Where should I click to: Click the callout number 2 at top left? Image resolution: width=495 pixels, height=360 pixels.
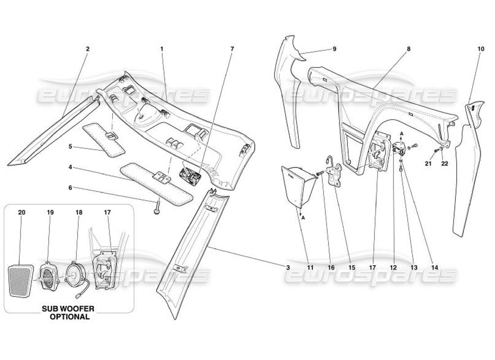pyautogui.click(x=88, y=49)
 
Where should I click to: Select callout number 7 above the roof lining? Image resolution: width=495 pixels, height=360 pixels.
pyautogui.click(x=232, y=49)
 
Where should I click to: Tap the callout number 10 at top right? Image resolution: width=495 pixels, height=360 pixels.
pyautogui.click(x=481, y=49)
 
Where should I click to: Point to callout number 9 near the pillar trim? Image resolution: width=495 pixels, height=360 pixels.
pyautogui.click(x=334, y=49)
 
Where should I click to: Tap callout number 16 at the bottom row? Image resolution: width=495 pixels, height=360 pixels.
pyautogui.click(x=331, y=267)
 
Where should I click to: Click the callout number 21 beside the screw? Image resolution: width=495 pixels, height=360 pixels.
pyautogui.click(x=428, y=164)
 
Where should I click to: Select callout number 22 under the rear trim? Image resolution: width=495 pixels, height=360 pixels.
pyautogui.click(x=445, y=164)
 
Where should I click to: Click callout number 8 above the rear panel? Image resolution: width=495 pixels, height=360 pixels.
pyautogui.click(x=409, y=49)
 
